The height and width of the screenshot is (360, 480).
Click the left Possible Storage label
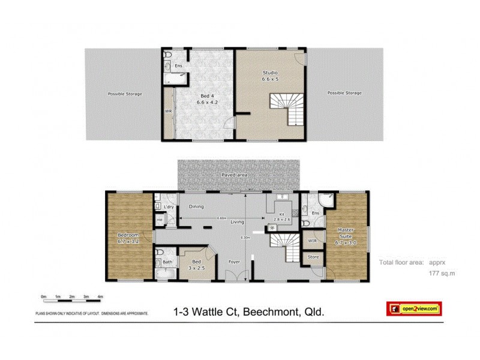125,94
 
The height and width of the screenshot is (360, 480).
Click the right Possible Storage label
344,93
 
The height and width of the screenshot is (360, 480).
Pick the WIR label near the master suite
312,241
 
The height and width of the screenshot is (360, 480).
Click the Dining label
196,207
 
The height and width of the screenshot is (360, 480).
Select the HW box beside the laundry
160,220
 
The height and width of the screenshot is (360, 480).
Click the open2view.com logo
413,308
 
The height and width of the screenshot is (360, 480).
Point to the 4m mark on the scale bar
100,297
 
